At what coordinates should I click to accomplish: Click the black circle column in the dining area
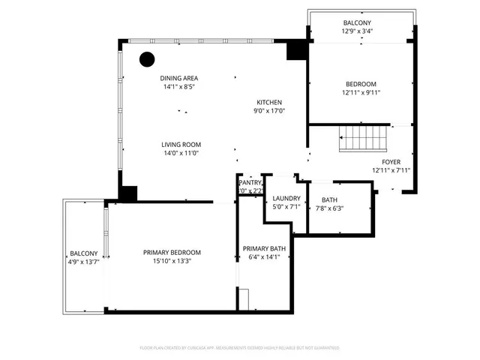[146, 58]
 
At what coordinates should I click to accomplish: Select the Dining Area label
[179, 78]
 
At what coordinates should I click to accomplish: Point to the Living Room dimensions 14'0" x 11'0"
[181, 154]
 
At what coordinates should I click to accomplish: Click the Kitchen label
[269, 102]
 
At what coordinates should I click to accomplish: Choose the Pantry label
[250, 182]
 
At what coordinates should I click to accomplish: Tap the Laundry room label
[286, 199]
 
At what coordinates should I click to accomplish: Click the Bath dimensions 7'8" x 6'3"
[329, 208]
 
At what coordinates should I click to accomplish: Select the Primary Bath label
[264, 249]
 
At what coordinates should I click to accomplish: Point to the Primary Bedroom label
[172, 252]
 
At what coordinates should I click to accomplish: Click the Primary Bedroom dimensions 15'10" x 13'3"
[172, 261]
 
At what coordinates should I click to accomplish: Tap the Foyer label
[391, 162]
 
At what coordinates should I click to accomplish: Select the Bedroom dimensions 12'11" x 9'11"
[361, 93]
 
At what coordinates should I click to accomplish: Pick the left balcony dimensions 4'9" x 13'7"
[84, 262]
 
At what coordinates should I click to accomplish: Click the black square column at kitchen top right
[297, 49]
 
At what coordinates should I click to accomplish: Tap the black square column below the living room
[127, 193]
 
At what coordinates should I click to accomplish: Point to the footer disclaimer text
[239, 348]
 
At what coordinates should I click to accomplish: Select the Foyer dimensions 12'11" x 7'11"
[391, 170]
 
